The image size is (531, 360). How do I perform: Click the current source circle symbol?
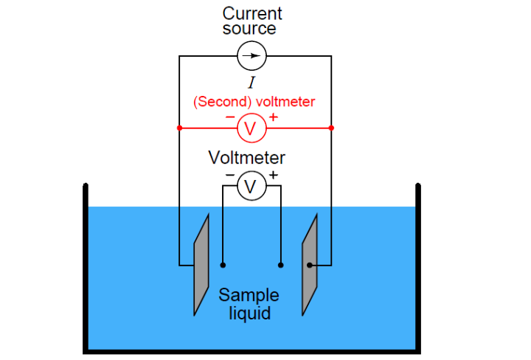[x=251, y=55]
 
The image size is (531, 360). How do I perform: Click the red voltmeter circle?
[x=251, y=128]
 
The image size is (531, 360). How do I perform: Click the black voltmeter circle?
[x=251, y=187]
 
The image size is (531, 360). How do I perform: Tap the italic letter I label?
[x=251, y=83]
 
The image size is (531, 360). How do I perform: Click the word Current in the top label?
[x=252, y=13]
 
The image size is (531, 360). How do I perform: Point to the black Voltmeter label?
[x=246, y=157]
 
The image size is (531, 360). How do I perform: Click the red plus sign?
[x=274, y=117]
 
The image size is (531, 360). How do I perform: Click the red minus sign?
[x=230, y=117]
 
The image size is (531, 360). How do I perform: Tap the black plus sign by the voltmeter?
[x=274, y=175]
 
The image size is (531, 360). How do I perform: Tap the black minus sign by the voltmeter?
[x=229, y=176]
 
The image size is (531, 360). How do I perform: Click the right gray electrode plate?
[x=309, y=265]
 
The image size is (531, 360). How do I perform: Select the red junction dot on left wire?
[x=179, y=128]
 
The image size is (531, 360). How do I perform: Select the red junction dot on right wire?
[x=331, y=128]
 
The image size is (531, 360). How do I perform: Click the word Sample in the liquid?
[x=249, y=296]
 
